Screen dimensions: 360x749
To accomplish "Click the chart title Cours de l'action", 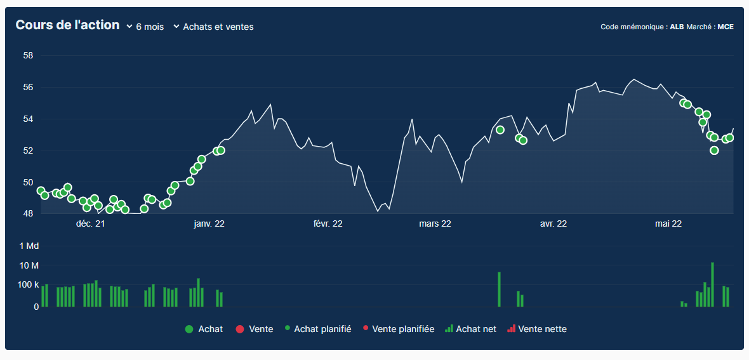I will coord(67,25).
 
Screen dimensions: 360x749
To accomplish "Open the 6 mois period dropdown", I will coord(145,27).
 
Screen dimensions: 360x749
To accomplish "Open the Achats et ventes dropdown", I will coord(213,27).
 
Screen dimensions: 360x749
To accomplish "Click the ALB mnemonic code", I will coord(677,27).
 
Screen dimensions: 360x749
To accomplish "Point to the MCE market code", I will coord(726,27).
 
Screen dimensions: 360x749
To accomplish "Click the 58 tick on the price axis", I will coord(28,55).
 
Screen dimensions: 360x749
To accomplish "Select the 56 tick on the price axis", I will coord(28,87).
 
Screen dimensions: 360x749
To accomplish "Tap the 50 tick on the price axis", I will coord(28,182).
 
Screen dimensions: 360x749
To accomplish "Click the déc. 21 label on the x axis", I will coord(90,223).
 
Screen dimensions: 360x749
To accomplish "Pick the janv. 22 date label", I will coord(209,223).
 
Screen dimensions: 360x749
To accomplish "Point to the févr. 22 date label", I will coord(328,223).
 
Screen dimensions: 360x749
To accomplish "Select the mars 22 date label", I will coord(435,223).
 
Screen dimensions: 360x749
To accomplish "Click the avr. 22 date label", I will coord(553,223).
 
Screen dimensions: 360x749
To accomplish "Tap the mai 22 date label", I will coord(668,223).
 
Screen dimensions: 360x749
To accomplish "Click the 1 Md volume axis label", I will coord(29,246).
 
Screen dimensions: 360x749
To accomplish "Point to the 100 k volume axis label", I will coord(28,285).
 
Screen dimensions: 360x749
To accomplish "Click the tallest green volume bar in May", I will coord(712,284).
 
